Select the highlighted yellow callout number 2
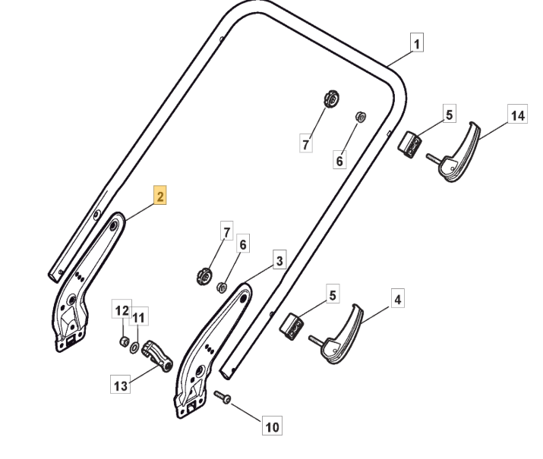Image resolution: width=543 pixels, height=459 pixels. tap(160, 196)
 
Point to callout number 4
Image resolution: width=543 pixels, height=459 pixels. tap(397, 299)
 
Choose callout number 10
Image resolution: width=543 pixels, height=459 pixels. tap(271, 427)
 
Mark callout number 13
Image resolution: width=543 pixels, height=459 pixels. tap(120, 386)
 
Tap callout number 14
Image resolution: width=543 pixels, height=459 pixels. tap(517, 116)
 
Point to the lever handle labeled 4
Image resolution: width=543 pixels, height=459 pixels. tap(339, 336)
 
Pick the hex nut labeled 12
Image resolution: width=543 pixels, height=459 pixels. tap(124, 341)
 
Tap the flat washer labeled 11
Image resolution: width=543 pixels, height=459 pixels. tap(135, 347)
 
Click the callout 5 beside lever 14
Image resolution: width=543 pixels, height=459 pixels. tap(449, 115)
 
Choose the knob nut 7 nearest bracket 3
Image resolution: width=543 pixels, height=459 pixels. tap(203, 275)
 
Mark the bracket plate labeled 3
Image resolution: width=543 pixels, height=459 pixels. tap(209, 349)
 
